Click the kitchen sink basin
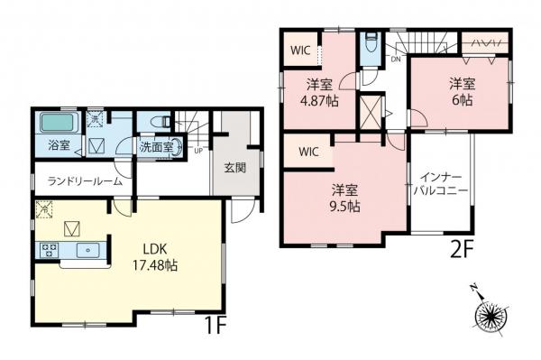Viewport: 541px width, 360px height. point(88,249)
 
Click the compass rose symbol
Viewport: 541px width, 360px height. point(492,317)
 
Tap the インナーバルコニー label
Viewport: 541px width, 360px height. point(440,185)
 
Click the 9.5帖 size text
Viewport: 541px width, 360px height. point(344,206)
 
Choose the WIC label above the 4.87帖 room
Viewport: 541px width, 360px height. point(300,50)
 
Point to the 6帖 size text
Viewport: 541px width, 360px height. point(462,99)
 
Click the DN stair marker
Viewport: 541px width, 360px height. point(395,60)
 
